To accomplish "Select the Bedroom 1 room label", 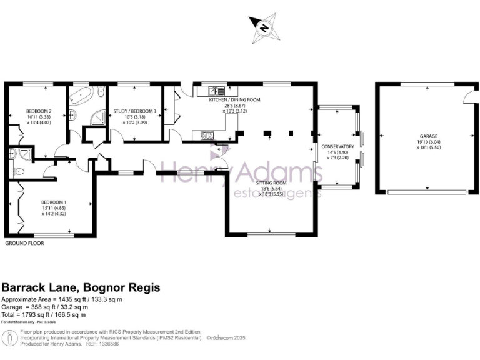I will coord(53,202).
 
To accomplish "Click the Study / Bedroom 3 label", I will coord(134,112).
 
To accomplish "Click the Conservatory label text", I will coord(337,146).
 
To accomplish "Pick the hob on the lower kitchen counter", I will coord(207,135).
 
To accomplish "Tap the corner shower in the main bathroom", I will coord(96,116).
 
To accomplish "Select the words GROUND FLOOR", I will coord(24,243).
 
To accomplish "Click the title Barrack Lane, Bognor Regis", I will coord(81,288).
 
